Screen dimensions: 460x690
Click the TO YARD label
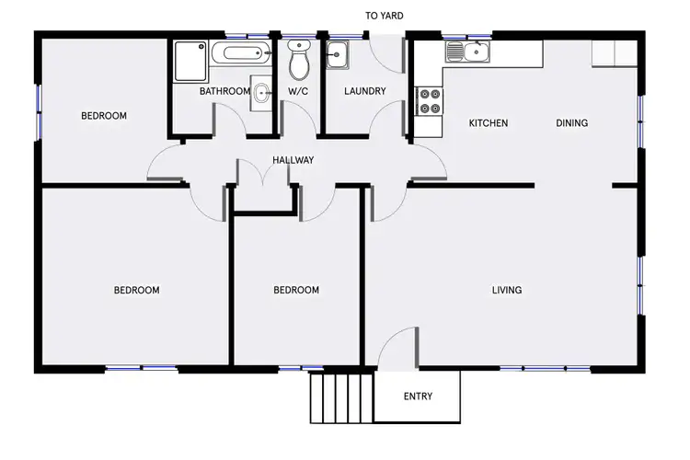click(x=384, y=16)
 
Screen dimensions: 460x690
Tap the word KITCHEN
click(x=489, y=123)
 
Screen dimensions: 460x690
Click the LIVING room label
click(x=507, y=291)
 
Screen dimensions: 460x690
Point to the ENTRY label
click(x=418, y=397)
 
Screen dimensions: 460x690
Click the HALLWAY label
click(x=293, y=160)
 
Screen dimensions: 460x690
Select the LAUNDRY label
click(x=364, y=91)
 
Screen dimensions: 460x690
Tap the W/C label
click(x=298, y=91)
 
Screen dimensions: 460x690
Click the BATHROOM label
click(x=224, y=91)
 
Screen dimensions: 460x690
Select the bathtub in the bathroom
click(x=240, y=53)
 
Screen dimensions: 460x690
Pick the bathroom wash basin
click(x=262, y=92)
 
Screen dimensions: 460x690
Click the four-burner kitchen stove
click(x=429, y=101)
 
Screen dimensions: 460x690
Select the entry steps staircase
click(x=341, y=397)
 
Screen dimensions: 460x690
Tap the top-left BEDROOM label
click(x=104, y=116)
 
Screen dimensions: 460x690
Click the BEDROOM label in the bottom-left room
click(x=136, y=291)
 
